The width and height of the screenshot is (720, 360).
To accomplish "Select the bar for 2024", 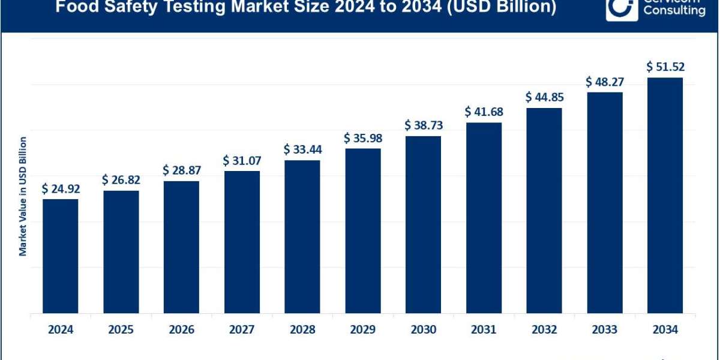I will click(61, 256).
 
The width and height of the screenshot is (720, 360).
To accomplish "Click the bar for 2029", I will click(363, 230).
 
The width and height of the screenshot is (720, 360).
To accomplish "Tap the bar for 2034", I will click(665, 195).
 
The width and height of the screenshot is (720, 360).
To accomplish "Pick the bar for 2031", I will click(484, 217).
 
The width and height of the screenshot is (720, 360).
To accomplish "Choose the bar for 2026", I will click(181, 247).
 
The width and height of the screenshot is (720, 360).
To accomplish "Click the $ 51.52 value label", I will click(665, 67).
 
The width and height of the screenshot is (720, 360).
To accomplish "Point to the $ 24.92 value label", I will click(61, 189).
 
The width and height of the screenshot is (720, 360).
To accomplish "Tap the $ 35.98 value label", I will click(363, 138).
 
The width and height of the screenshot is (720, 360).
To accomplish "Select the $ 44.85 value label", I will click(544, 97).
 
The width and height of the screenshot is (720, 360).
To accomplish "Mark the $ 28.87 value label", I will click(181, 170).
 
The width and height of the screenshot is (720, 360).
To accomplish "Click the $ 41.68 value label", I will click(484, 112).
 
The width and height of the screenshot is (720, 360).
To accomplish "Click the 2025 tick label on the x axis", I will click(121, 329).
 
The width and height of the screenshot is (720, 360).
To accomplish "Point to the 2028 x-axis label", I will click(302, 329).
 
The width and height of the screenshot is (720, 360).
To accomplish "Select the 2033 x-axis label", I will click(605, 329).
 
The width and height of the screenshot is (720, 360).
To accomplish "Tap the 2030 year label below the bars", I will click(423, 329).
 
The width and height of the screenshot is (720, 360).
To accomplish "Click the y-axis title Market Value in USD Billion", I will click(23, 196).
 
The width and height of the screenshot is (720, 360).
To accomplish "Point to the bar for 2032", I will click(544, 210).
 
